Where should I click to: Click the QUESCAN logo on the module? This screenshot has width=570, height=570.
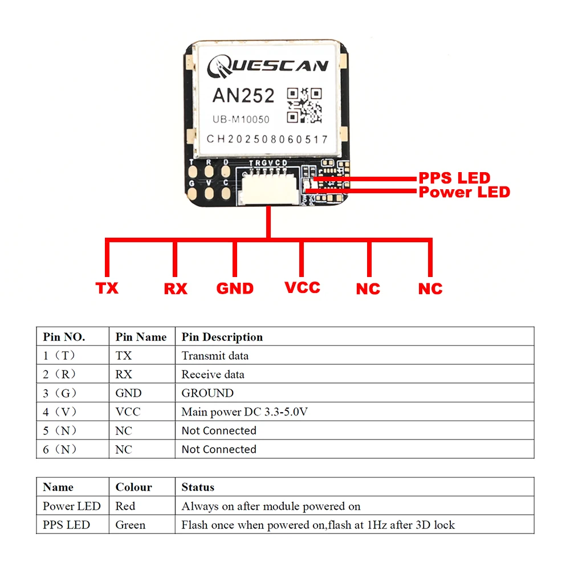pos(267,67)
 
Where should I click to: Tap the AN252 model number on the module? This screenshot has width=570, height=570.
pos(243,95)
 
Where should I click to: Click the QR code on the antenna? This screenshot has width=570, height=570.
pos(304,105)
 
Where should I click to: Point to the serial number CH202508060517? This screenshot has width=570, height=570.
pos(267,139)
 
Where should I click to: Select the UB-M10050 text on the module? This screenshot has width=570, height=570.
pos(241,120)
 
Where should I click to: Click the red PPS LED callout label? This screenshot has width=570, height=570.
pos(454,178)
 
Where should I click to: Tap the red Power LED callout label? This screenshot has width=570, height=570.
pos(464,192)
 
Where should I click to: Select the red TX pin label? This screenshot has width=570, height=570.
pos(107,288)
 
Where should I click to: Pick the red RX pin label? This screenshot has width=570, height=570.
pos(176,288)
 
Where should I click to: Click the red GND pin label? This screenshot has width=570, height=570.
pos(235,288)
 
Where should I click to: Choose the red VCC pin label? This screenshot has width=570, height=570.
pos(302,287)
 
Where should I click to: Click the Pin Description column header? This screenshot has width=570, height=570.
pos(222,337)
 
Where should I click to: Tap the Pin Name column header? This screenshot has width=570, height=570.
pos(141,337)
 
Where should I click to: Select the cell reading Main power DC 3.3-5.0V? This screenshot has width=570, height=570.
pos(245,412)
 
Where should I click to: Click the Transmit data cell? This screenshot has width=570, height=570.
pos(215,356)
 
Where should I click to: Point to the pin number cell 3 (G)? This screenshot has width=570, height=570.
pos(60,393)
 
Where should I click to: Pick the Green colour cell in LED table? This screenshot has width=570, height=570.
pos(130,524)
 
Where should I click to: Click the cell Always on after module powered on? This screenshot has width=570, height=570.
pos(271,506)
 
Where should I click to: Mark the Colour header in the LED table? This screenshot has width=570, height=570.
pos(133,487)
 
